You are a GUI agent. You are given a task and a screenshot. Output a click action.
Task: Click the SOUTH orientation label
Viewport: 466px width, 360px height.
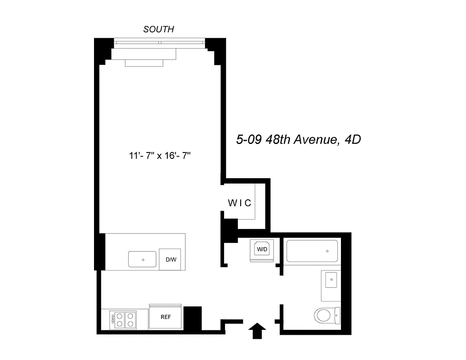(158, 30)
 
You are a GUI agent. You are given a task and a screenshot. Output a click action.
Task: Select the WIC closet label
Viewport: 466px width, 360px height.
(239, 203)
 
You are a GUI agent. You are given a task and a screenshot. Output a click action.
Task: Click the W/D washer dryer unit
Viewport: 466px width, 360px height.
(262, 249)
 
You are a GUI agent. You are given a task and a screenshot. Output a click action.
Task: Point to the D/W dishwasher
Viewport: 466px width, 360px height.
(170, 260)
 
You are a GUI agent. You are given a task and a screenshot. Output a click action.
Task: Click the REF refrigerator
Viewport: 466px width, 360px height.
(166, 317)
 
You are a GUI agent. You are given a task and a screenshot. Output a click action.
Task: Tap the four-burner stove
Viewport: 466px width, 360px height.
(125, 319)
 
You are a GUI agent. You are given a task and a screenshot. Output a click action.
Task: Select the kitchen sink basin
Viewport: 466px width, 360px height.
(143, 260)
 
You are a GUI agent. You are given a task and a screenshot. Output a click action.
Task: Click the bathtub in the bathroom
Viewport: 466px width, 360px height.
(312, 252)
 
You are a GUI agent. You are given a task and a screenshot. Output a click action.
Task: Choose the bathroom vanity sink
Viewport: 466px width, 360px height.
(332, 280)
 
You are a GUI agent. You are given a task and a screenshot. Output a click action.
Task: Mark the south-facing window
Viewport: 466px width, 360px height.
(159, 43)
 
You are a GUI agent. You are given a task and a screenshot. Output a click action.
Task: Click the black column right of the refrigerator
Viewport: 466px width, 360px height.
(193, 319)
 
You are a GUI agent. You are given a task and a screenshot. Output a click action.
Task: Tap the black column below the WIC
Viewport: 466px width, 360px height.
(230, 228)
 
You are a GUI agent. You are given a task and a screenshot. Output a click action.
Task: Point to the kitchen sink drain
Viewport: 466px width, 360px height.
(143, 260)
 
